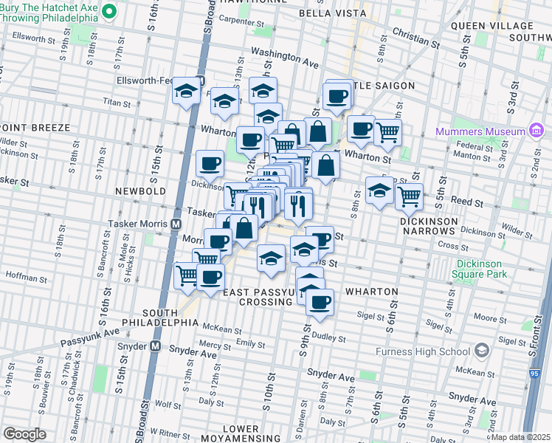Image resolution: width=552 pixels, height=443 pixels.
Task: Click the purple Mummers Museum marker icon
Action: pos(537,131)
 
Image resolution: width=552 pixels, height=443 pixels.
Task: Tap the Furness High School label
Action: pos(431,350)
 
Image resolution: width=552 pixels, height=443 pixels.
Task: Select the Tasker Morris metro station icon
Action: pos(176,224)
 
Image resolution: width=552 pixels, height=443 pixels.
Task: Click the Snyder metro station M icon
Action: pos(156,346)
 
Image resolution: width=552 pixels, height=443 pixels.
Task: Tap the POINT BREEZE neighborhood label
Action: pos(35,128)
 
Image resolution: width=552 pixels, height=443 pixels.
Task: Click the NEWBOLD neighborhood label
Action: pos(140,191)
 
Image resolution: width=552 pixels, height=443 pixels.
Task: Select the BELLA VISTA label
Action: pos(332,13)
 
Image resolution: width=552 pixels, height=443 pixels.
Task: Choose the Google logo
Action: pos(24,434)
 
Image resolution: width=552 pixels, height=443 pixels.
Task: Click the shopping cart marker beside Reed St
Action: pos(409,196)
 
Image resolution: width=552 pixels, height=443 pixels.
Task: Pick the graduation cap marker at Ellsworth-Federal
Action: pos(187,92)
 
